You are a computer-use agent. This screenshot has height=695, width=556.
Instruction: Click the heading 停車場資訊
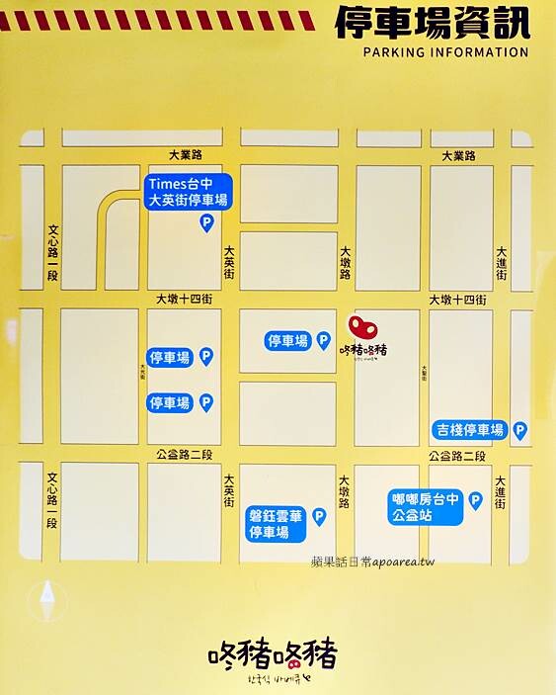(x=432, y=23)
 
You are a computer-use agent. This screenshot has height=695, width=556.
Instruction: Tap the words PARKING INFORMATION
(x=445, y=52)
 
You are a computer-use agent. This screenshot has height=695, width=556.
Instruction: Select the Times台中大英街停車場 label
(x=189, y=192)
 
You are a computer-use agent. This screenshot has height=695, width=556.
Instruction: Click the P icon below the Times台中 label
(x=206, y=224)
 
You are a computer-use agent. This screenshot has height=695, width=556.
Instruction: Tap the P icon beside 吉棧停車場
(x=519, y=430)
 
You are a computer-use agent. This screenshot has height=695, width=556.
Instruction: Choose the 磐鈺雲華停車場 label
(x=276, y=525)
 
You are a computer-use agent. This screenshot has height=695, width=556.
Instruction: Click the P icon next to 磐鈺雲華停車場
(x=319, y=516)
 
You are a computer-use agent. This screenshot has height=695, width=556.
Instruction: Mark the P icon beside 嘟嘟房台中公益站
(x=475, y=501)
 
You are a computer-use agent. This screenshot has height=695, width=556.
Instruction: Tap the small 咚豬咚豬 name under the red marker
(x=363, y=350)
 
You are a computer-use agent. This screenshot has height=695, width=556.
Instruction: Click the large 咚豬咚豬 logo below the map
(x=273, y=655)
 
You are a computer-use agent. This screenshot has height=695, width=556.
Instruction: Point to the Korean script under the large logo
(x=273, y=682)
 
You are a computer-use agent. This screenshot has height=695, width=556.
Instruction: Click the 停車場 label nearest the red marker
(x=287, y=341)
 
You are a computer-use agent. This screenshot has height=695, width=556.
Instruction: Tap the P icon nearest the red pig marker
(x=323, y=341)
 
